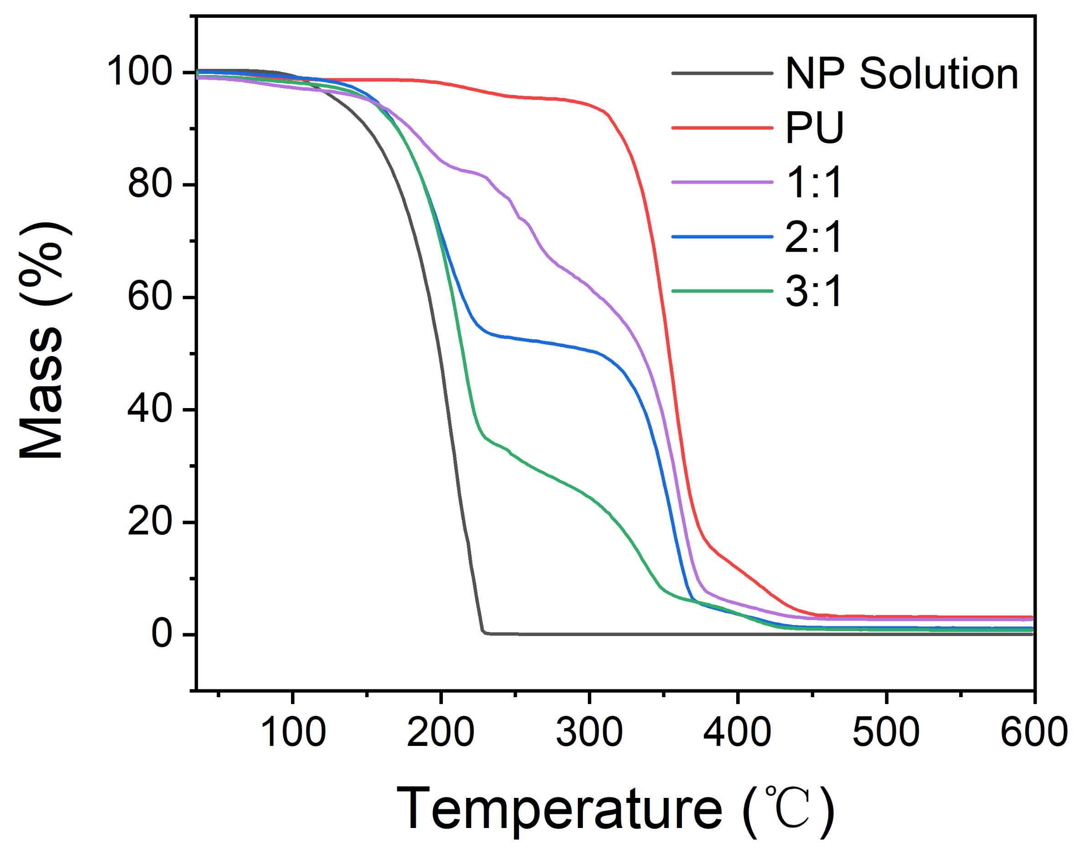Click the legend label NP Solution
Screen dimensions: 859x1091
click(901, 74)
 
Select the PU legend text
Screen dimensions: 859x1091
click(814, 128)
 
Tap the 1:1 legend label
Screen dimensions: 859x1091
click(813, 182)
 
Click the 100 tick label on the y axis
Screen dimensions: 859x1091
click(139, 72)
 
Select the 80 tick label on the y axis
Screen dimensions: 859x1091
click(151, 184)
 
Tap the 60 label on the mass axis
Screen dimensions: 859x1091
click(151, 297)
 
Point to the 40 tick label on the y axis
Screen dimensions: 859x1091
click(151, 409)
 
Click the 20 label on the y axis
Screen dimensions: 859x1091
click(151, 522)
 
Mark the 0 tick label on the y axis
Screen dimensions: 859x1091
click(162, 634)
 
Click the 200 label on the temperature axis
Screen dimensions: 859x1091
click(440, 732)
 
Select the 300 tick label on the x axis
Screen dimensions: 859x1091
click(589, 732)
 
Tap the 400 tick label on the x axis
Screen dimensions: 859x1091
click(737, 732)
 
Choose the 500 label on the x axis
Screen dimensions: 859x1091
click(886, 732)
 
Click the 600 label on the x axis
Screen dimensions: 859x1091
click(1034, 732)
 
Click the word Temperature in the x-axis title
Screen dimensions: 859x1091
click(559, 809)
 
